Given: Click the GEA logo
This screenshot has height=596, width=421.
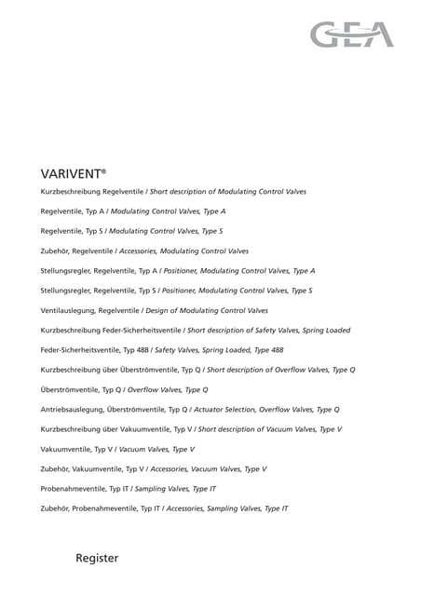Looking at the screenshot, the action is tap(352, 34).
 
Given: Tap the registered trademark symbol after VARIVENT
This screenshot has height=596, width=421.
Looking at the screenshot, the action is tap(104, 169).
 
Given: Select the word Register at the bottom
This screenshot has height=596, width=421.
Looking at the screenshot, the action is tap(97, 558).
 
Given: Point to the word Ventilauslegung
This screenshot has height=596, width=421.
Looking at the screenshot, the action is tap(67, 310).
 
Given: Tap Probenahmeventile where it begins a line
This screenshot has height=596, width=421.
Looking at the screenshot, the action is tap(73, 488).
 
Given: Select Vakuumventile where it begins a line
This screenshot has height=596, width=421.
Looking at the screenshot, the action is tap(64, 449).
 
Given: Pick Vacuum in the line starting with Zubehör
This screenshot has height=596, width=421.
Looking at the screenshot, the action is tap(208, 468).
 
